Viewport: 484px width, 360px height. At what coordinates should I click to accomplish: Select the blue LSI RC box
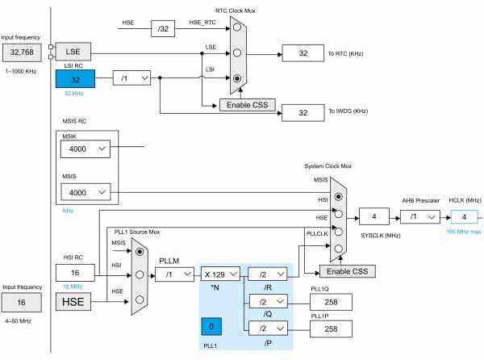click(75, 78)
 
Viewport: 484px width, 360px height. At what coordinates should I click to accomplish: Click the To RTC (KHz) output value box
click(302, 52)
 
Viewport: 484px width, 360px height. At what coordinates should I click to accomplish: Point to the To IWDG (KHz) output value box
click(302, 112)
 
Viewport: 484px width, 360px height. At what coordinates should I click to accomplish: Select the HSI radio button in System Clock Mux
click(340, 196)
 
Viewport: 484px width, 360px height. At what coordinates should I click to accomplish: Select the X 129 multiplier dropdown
click(223, 274)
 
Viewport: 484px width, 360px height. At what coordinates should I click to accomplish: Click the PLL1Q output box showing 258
click(331, 300)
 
